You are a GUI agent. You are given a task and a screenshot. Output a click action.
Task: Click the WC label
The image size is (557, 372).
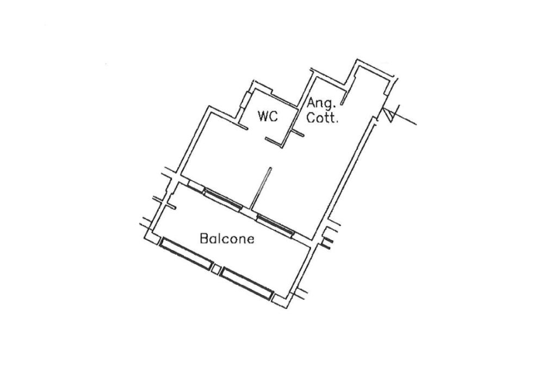(x=268, y=116)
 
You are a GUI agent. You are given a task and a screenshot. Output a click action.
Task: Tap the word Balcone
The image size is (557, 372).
(x=227, y=239)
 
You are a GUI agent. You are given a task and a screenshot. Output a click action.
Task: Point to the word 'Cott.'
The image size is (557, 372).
(x=323, y=118)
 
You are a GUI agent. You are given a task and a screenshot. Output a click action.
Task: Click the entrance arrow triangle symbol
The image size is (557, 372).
(x=389, y=115)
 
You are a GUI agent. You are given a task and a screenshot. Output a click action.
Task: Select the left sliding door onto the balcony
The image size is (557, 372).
(x=223, y=199)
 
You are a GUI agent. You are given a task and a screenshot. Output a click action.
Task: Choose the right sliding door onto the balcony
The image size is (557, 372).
(x=275, y=224)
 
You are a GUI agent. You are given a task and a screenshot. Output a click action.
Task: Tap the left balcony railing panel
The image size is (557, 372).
(x=187, y=253)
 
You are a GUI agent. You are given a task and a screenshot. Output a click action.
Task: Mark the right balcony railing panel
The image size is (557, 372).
(x=247, y=283)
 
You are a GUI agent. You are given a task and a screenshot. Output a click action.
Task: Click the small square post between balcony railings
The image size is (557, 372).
(x=217, y=269)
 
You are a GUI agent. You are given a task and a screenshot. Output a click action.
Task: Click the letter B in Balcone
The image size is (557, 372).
(x=203, y=239)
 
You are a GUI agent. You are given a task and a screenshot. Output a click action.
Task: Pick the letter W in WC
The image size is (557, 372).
(x=263, y=116)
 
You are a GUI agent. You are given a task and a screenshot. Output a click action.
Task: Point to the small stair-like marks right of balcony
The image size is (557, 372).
(x=327, y=243)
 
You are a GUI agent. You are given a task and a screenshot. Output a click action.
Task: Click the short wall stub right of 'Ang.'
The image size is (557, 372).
(x=343, y=100)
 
